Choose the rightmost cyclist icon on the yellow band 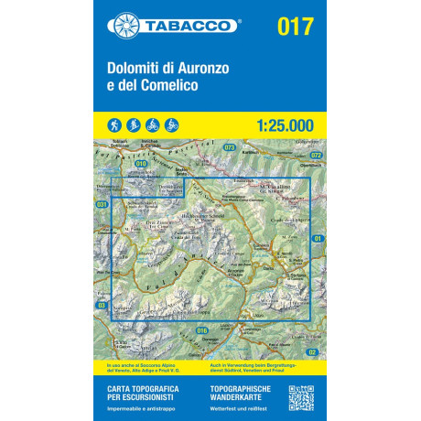[172, 124]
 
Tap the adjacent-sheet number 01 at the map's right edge [318, 240]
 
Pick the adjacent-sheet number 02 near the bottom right [313, 352]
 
